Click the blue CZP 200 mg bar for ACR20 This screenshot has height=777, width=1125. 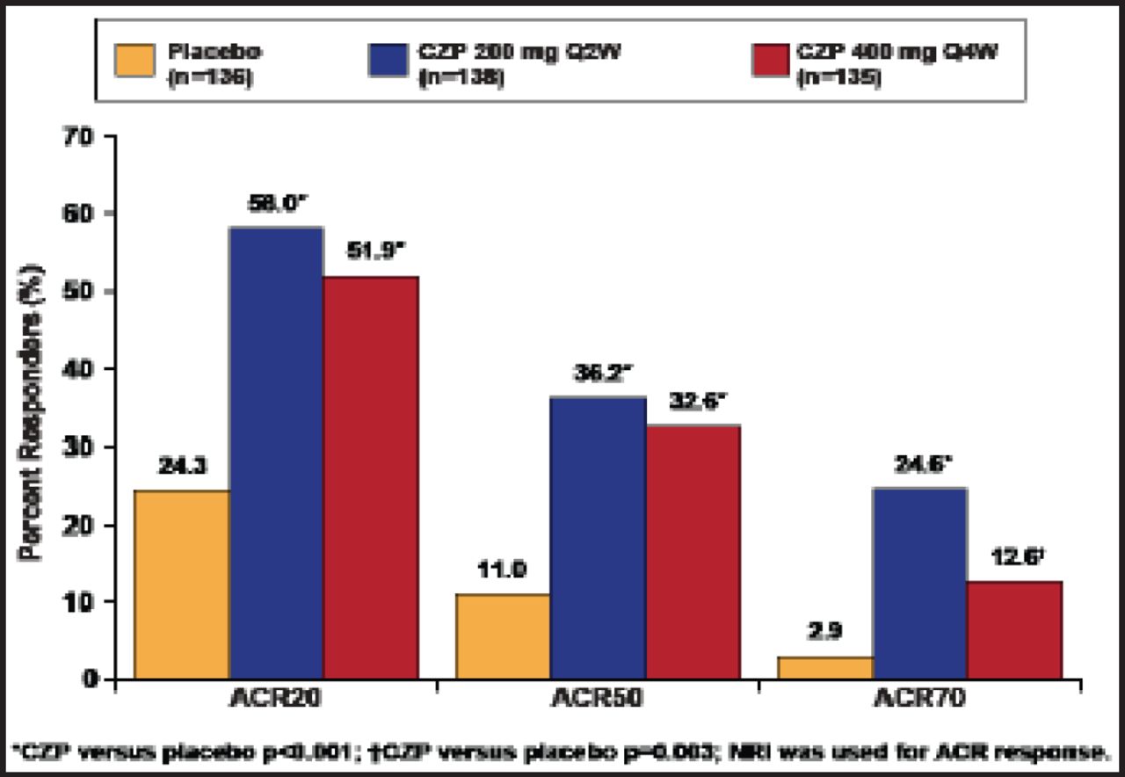[276, 453]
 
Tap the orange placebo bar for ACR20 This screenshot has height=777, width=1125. [182, 585]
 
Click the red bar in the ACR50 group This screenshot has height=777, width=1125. [693, 551]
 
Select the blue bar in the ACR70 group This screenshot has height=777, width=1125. [920, 583]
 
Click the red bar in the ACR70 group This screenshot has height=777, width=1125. [1014, 629]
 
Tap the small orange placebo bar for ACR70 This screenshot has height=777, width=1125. [826, 667]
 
